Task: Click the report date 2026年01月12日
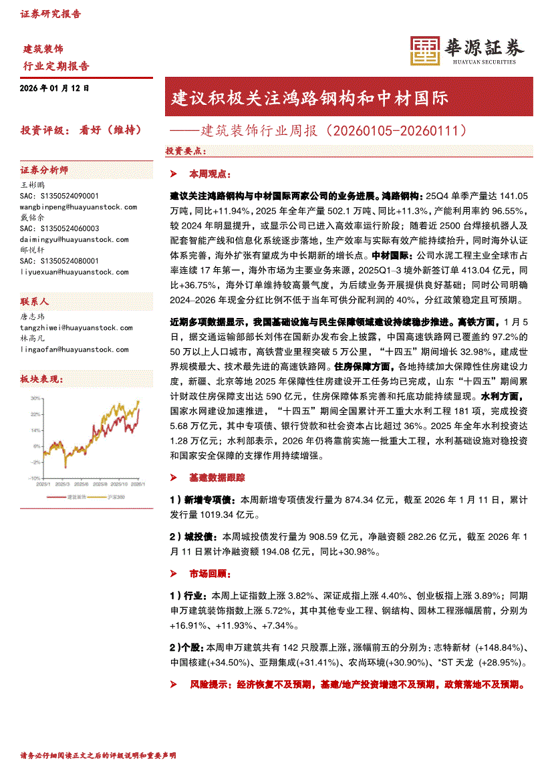pos(55,88)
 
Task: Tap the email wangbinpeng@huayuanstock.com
pos(79,207)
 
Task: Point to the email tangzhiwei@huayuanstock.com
pos(77,327)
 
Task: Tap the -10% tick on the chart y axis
pos(34,478)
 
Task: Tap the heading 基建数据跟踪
pos(217,478)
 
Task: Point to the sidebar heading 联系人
pos(35,301)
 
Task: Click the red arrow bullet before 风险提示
pos(174,685)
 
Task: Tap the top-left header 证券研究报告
pos(50,13)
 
